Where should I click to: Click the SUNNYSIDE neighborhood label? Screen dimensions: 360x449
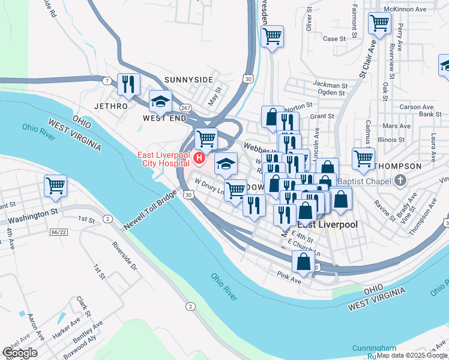[x=188, y=80]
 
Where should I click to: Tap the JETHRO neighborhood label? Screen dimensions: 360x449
[x=111, y=106]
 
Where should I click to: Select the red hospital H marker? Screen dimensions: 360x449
[x=198, y=159]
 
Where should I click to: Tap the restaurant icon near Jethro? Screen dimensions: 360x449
[x=129, y=84]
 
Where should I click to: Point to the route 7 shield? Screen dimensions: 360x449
[x=106, y=80]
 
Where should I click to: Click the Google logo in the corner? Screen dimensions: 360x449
[x=20, y=353]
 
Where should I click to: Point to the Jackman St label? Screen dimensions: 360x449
[x=330, y=86]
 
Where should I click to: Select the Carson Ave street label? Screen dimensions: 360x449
[x=417, y=107]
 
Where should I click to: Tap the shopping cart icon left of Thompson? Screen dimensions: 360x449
[x=363, y=158]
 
